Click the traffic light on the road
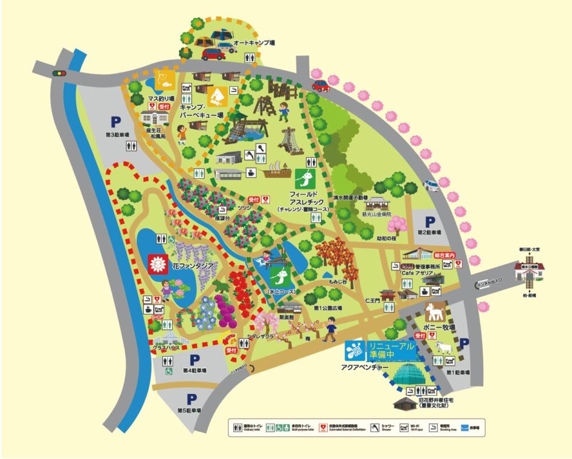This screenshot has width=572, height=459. coord(58,73)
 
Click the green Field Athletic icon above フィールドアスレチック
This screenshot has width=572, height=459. coord(307,178)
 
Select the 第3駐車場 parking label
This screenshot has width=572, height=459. coord(117,135)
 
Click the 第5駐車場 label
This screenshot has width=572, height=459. coord(189,410)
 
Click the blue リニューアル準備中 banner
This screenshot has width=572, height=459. coord(390,351)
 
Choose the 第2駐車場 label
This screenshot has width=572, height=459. coord(429,232)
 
